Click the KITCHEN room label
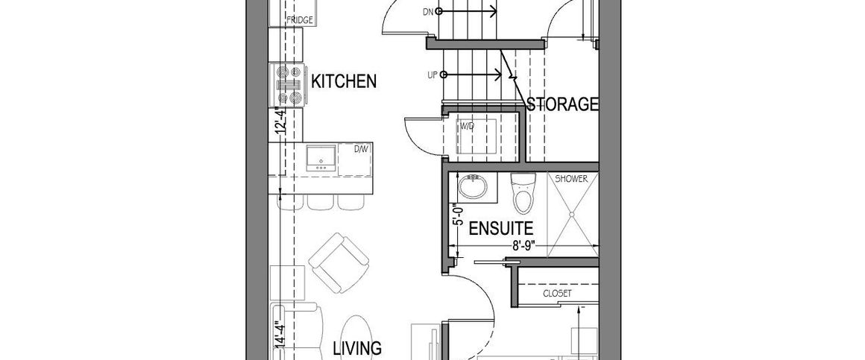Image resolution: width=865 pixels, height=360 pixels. click(344, 81)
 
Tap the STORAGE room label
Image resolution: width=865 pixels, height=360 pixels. click(562, 104)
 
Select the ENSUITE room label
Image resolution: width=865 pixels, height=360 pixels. click(501, 228)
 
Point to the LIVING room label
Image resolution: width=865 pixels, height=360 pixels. click(357, 348)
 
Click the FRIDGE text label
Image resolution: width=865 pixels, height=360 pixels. click(300, 21)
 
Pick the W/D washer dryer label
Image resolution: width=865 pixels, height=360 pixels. click(468, 126)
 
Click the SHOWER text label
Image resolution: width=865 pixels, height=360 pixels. click(571, 179)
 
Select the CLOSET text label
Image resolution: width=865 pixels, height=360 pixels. click(557, 294)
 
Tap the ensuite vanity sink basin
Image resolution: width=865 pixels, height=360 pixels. click(473, 187)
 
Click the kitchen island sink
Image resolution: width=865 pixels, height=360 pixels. click(321, 158)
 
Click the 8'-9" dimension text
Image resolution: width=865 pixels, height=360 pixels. click(525, 247)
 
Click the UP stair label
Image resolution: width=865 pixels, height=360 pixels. click(433, 75)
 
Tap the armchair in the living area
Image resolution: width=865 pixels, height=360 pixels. click(339, 262)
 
